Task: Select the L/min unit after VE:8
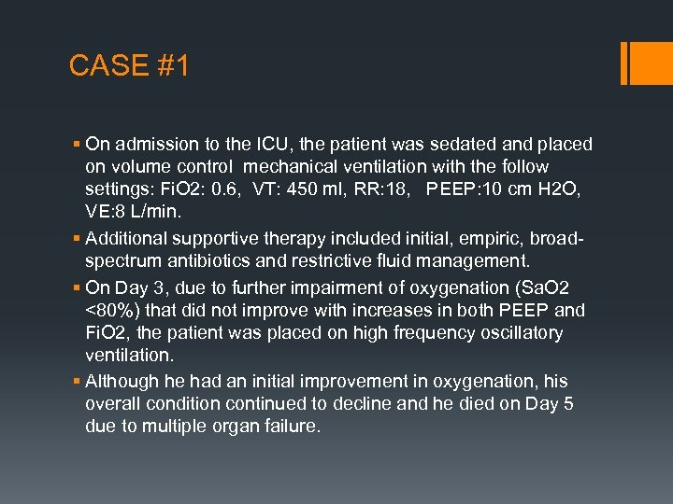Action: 156,214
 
